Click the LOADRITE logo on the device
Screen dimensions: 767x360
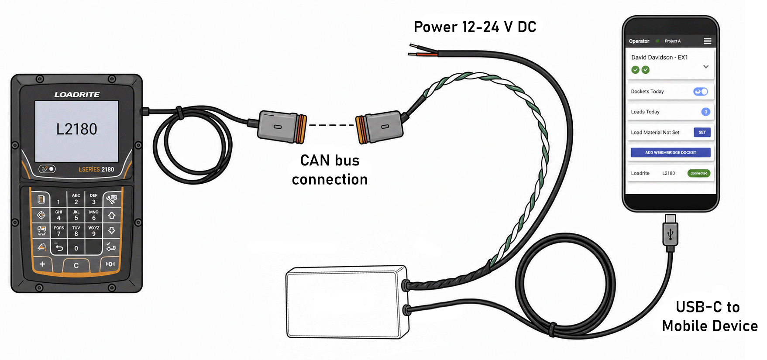tap(77, 94)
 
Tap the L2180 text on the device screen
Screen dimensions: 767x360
tap(77, 129)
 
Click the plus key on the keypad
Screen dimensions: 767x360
tap(42, 264)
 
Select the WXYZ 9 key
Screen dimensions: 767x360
tap(94, 231)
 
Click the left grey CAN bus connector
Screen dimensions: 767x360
tap(282, 127)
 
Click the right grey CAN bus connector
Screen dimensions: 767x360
tap(378, 127)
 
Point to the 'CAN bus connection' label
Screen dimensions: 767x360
tap(330, 170)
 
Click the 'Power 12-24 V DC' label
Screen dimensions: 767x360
tap(475, 27)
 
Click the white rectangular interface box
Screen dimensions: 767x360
tap(347, 302)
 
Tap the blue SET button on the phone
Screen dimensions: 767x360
tap(702, 132)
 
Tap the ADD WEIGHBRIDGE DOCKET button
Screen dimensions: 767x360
tap(671, 152)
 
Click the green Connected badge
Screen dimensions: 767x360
tap(699, 173)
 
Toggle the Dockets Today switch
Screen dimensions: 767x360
tap(701, 92)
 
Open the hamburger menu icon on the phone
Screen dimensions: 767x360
tap(708, 41)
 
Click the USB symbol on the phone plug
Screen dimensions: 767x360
tap(671, 235)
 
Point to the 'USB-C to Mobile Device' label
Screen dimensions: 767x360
tap(710, 316)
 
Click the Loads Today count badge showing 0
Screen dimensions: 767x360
tap(706, 112)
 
